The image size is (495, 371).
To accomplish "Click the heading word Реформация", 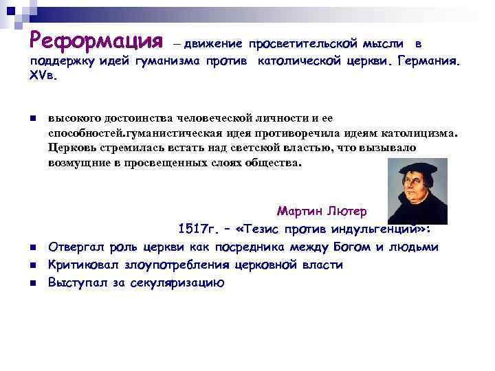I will (96, 41).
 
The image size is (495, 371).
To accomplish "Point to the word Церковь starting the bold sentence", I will (73, 148).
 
